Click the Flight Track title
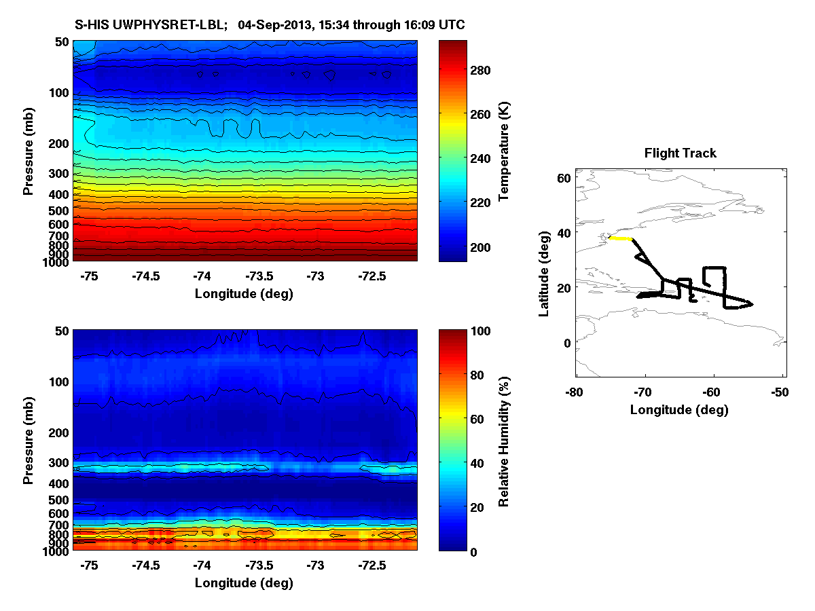tap(680, 153)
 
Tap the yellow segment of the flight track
tap(621, 238)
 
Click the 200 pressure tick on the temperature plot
tap(60, 144)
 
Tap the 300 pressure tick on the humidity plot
tap(60, 463)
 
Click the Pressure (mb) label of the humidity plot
tap(29, 441)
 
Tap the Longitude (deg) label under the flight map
tap(679, 409)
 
